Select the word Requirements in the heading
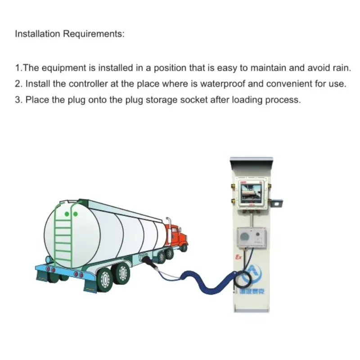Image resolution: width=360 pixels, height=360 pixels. pyautogui.click(x=93, y=34)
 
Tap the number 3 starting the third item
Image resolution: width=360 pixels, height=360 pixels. pyautogui.click(x=18, y=99)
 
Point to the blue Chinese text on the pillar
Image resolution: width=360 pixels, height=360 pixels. pyautogui.click(x=254, y=292)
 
